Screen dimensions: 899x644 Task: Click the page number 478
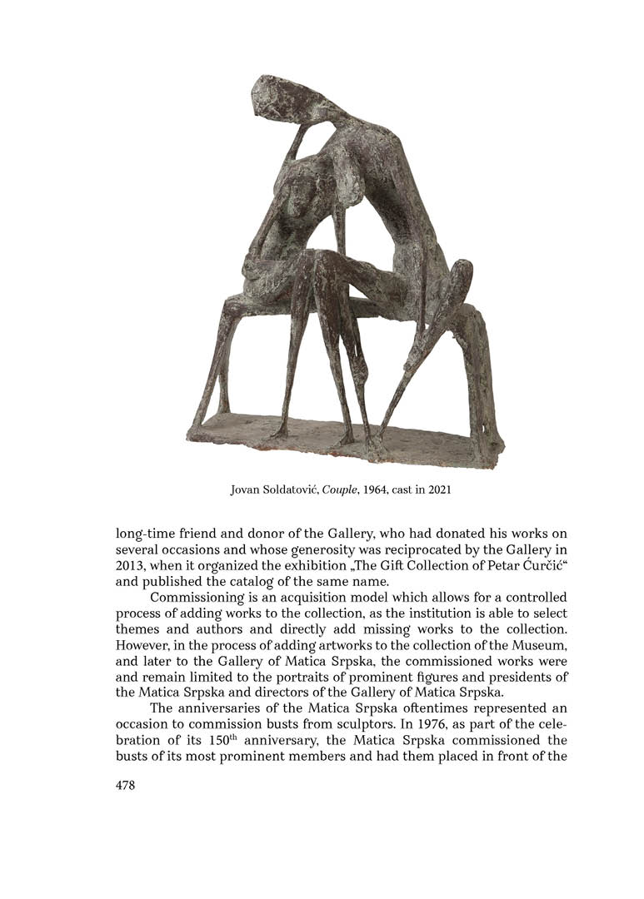point(125,785)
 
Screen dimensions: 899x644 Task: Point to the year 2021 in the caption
point(439,489)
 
